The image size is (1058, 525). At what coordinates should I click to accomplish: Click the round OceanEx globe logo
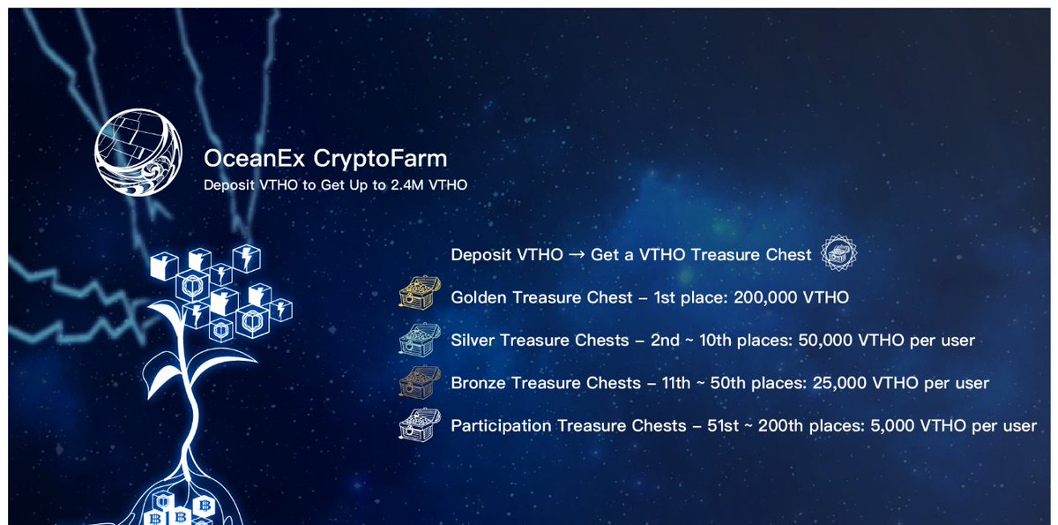point(138,153)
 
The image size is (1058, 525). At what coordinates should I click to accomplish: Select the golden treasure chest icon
point(417,296)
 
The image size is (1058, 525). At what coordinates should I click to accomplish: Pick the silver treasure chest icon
point(417,339)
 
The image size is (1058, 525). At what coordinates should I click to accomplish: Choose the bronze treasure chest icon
point(417,382)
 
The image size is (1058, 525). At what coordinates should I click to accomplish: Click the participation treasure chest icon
point(417,425)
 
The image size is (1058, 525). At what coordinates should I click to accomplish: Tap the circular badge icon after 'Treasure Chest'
point(838,254)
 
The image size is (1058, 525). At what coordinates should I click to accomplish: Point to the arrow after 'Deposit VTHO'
point(577,255)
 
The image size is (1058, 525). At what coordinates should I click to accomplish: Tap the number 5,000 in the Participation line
point(884,426)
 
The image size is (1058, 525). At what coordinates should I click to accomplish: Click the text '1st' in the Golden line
point(667,298)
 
